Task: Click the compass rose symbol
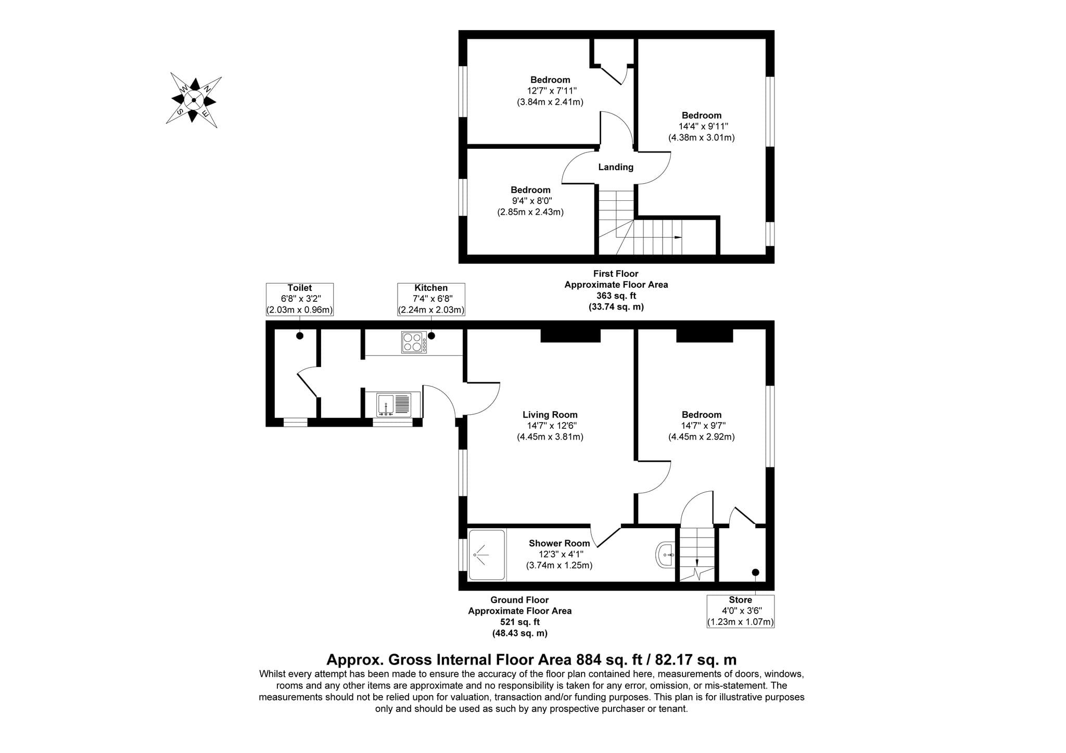tap(194, 100)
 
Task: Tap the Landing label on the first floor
tap(616, 167)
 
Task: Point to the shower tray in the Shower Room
tap(487, 555)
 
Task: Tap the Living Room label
tap(550, 415)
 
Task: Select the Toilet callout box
tap(300, 299)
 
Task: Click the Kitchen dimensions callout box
tap(431, 299)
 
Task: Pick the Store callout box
tap(740, 611)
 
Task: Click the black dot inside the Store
tap(755, 572)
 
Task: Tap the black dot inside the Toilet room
tap(300, 336)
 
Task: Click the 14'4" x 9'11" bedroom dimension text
tap(702, 126)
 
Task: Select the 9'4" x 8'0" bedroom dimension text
tap(530, 201)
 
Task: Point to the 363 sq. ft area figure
tap(616, 296)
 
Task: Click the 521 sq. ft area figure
tap(519, 622)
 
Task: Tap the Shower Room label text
tap(560, 543)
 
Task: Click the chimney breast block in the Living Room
tap(570, 335)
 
